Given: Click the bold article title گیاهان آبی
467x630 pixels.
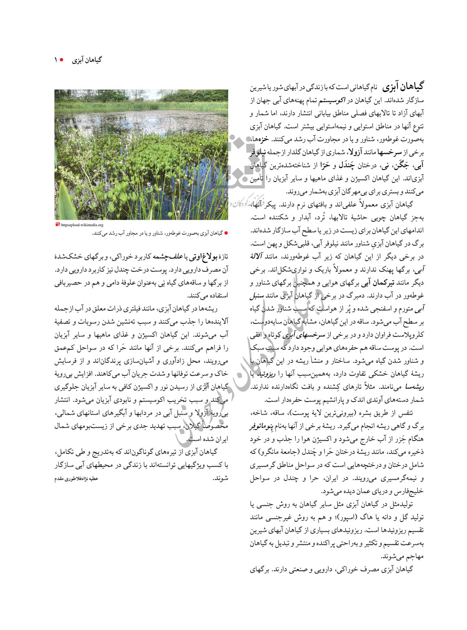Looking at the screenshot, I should click(403, 86).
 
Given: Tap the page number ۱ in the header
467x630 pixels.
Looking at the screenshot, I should click(56, 60).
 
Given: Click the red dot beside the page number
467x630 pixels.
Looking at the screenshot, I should click(62, 60).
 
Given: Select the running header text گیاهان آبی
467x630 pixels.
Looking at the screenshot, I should click(87, 60).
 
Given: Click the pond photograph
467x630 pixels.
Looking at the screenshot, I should click(141, 154).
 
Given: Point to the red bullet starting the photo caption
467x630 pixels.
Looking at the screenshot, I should click(226, 233).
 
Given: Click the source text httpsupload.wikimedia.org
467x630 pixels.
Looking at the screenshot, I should click(82, 225).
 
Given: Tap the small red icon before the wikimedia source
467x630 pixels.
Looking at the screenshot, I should click(58, 224).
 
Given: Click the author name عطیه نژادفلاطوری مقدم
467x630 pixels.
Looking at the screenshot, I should click(76, 479).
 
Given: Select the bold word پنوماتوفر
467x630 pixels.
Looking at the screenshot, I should click(261, 426).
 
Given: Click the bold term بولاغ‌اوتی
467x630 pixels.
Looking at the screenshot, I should click(205, 257).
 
